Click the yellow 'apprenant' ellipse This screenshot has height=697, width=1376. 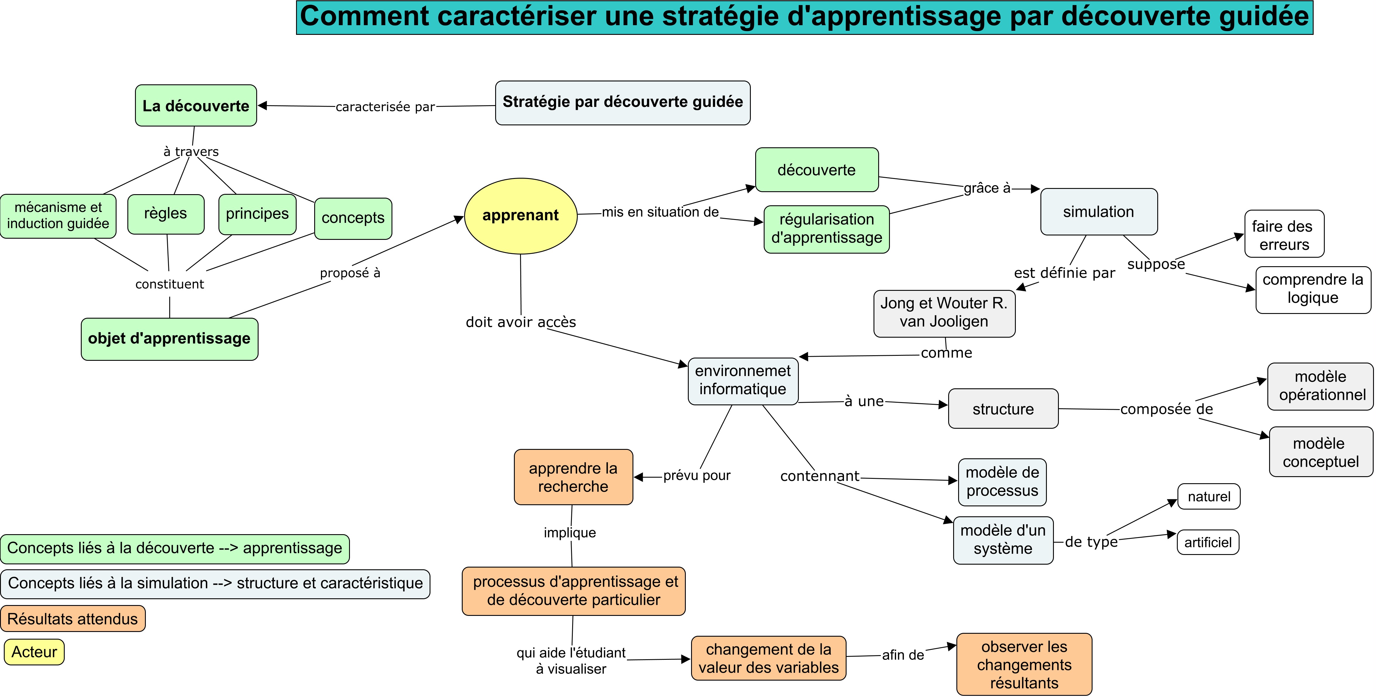pyautogui.click(x=521, y=216)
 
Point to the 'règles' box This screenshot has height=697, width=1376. pyautogui.click(x=165, y=214)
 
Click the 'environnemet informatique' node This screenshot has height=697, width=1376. pyautogui.click(x=743, y=381)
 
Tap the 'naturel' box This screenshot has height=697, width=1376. pyautogui.click(x=1209, y=497)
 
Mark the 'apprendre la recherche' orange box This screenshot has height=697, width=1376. pyautogui.click(x=573, y=477)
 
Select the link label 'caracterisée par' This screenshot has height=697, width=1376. pyautogui.click(x=385, y=107)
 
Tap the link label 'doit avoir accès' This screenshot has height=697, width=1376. pyautogui.click(x=521, y=322)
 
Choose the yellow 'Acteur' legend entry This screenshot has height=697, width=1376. pyautogui.click(x=34, y=652)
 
